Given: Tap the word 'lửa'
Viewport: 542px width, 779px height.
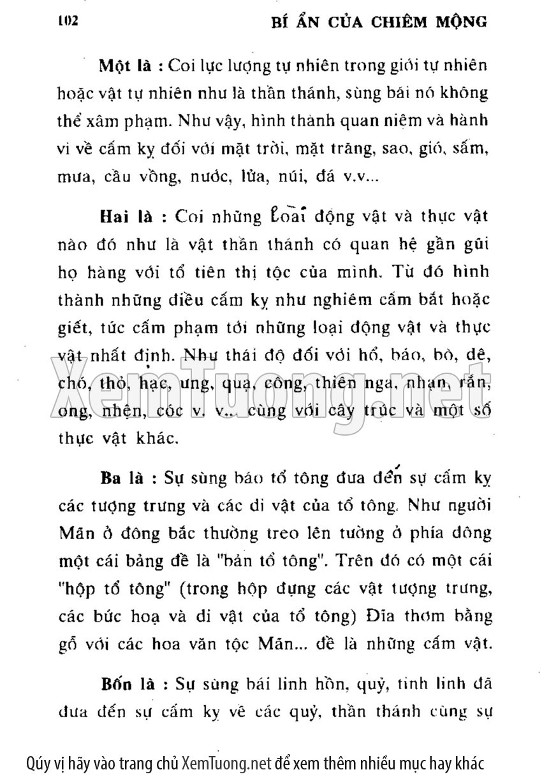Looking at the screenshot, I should pos(252,176).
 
